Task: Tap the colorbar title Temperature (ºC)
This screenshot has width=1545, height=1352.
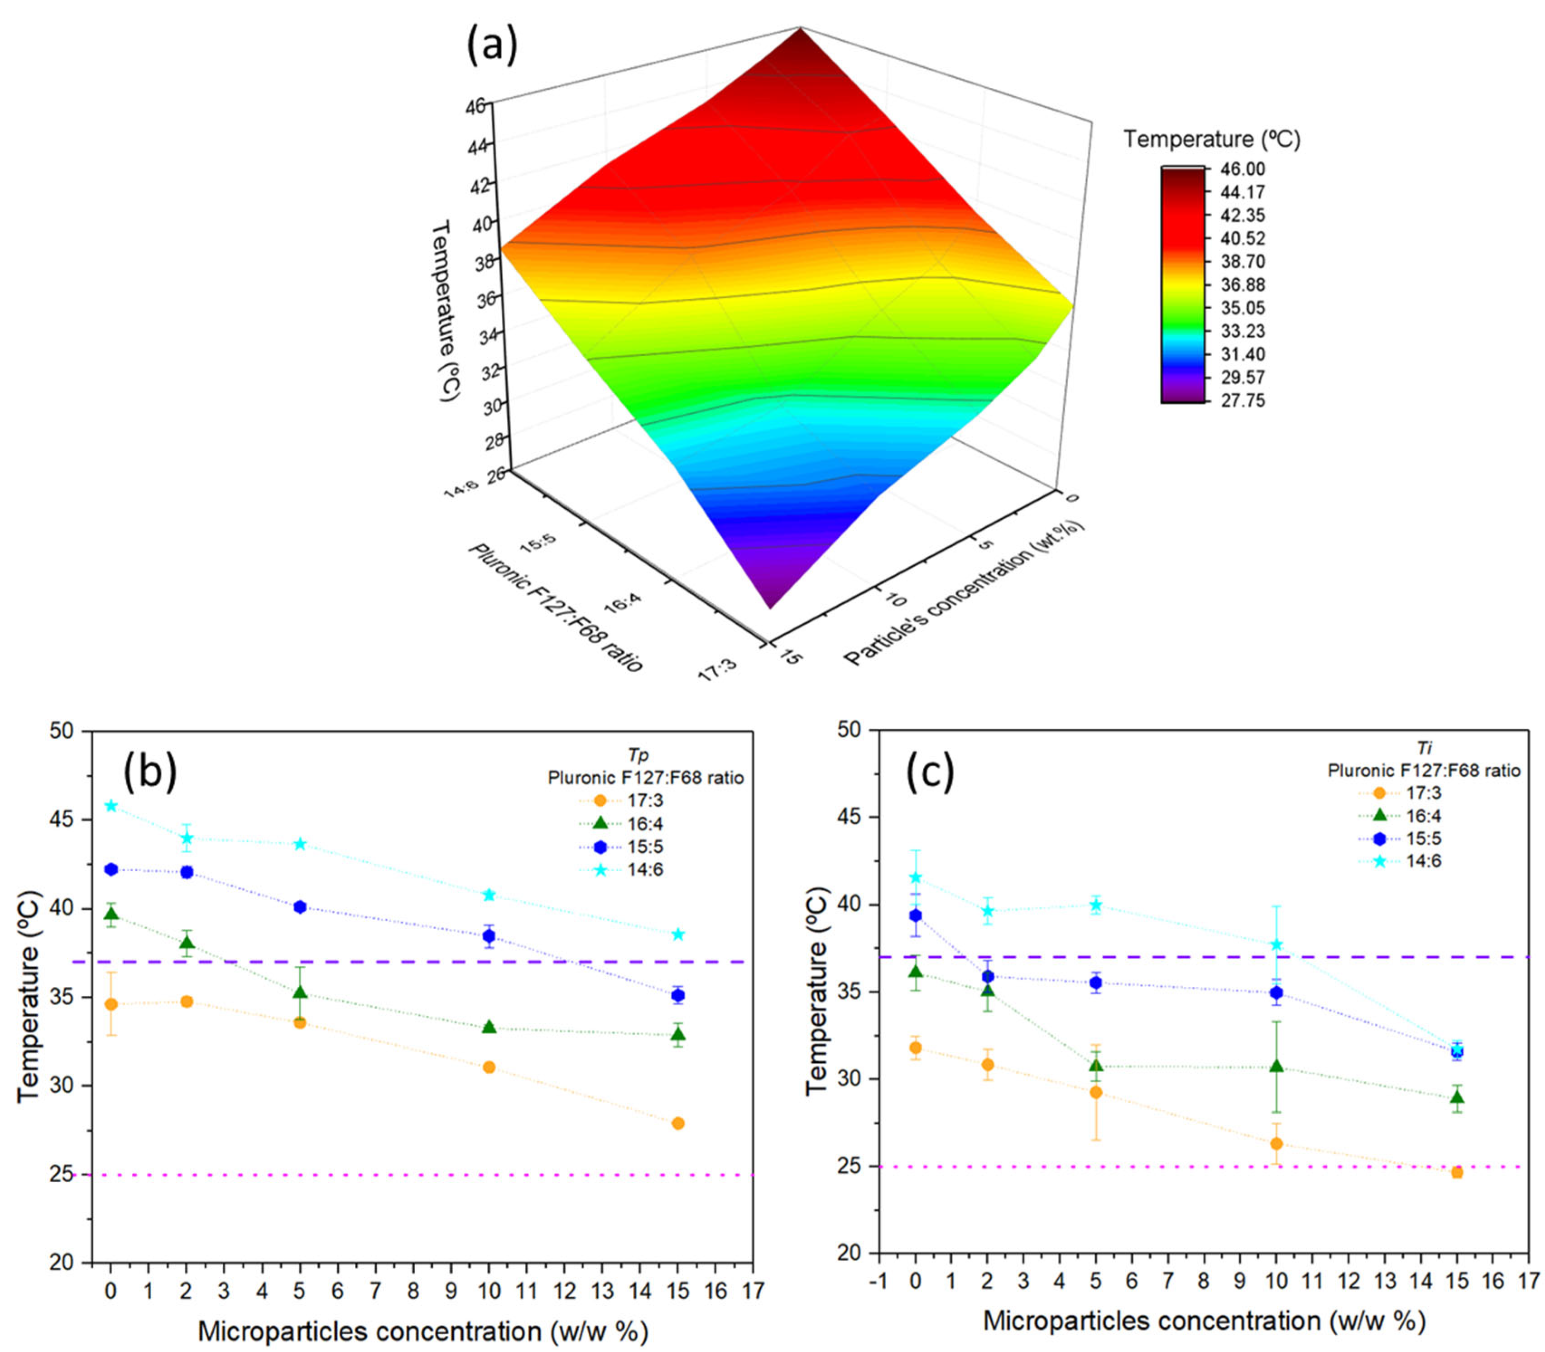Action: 1211,139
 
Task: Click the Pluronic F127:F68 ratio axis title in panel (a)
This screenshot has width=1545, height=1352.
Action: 555,607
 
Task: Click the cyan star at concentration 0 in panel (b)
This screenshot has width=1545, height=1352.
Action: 111,806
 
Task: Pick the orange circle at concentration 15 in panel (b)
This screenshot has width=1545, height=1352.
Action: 678,1123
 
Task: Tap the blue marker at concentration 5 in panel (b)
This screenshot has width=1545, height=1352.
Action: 300,907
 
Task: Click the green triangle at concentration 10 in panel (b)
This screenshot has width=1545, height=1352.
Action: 489,1027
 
